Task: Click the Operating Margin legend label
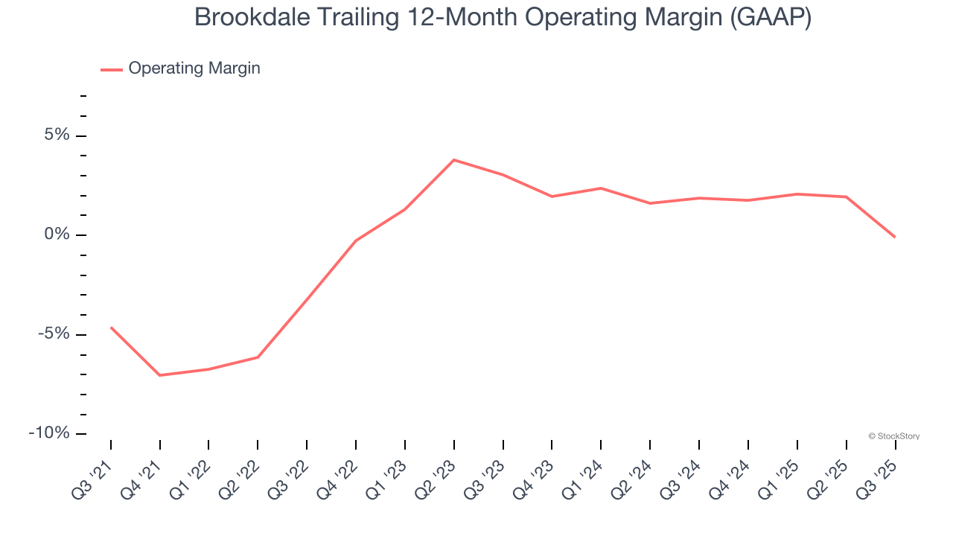(x=194, y=68)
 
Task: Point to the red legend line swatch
(x=112, y=69)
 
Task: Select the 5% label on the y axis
(x=56, y=135)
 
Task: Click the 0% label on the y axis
(x=56, y=234)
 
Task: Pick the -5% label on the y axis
(x=53, y=334)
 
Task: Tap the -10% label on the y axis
(x=49, y=433)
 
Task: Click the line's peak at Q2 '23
(x=454, y=159)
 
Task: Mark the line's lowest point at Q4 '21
(x=160, y=375)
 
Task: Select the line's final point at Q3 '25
(x=895, y=237)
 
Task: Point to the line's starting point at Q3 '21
(x=111, y=327)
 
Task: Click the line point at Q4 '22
(x=356, y=240)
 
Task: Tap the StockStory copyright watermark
(x=893, y=436)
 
